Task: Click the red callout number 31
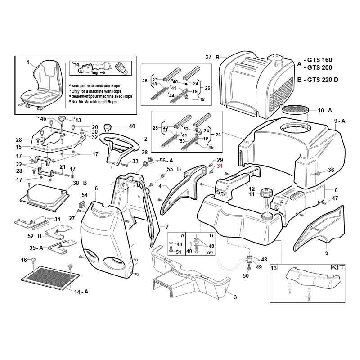[x=220, y=166]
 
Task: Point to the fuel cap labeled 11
[x=265, y=194]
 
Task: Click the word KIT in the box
[x=337, y=267]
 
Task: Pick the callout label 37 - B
[x=212, y=57]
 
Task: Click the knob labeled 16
[x=34, y=261]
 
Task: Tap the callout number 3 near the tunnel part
[x=234, y=297]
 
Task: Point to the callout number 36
[x=331, y=170]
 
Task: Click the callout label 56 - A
[x=166, y=161]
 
